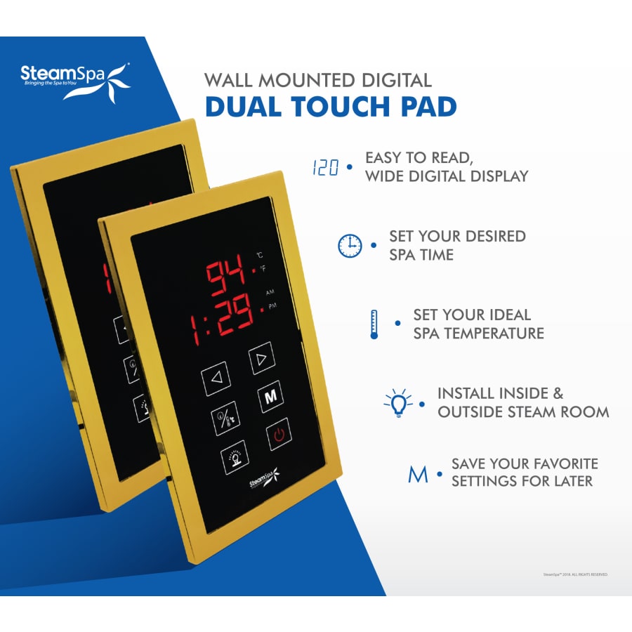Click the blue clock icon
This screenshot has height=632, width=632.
[350, 246]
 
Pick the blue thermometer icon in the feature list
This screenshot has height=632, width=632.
[374, 324]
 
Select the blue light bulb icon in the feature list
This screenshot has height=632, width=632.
[398, 403]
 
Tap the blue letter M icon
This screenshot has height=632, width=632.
[419, 474]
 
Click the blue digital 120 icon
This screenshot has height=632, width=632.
[325, 169]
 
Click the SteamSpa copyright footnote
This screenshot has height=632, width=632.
[575, 574]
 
